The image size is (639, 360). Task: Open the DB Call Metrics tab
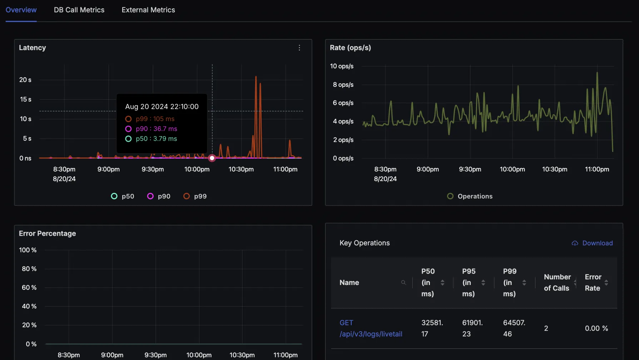coord(79,10)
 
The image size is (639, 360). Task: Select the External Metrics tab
coord(148,10)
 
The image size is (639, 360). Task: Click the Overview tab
coord(21,10)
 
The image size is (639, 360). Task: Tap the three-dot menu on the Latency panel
coord(299,48)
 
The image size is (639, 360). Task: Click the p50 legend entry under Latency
coord(123,196)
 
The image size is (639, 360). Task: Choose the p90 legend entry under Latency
coord(159,196)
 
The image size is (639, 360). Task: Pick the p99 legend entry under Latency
coord(195,196)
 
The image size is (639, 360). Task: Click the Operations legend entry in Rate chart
coord(470,196)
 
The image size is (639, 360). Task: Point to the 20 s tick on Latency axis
coord(25,80)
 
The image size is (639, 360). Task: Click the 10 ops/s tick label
coord(342,66)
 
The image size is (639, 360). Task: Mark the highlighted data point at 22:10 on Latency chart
coord(212,158)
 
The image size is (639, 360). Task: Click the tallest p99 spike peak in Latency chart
coord(256,77)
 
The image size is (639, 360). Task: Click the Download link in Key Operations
coord(597,243)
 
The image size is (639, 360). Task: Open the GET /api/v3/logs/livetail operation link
coord(371,328)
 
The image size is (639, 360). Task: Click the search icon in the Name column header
coord(403,282)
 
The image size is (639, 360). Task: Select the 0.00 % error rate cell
coord(596,328)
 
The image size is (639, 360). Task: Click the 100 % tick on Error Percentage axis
coord(28,250)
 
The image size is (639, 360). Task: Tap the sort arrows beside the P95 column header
coord(483,282)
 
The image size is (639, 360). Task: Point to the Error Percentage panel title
coord(48,234)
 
